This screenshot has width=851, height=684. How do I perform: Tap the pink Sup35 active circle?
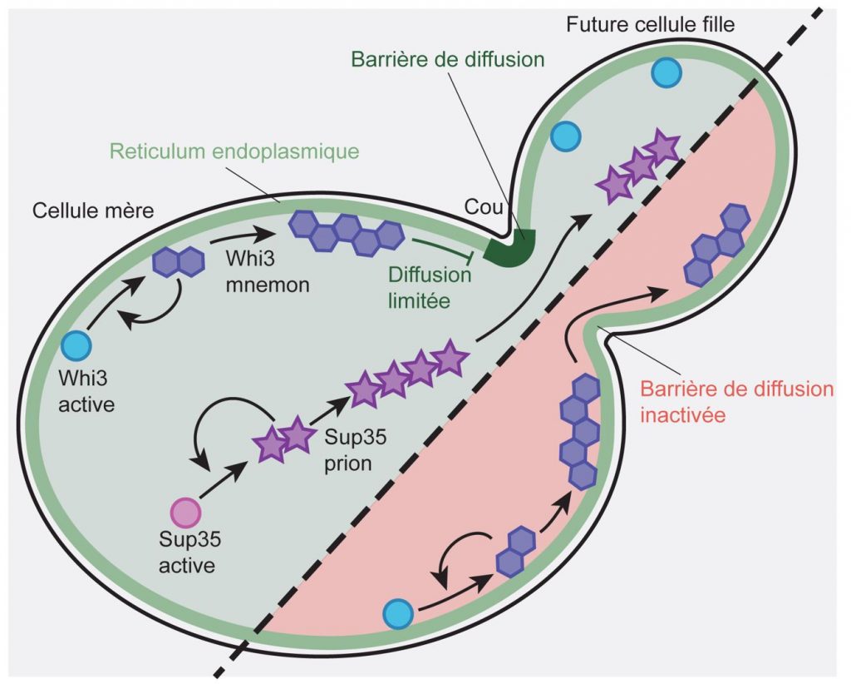186,513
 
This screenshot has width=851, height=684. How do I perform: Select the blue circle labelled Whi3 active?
76,345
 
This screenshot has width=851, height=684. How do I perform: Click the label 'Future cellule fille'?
650,24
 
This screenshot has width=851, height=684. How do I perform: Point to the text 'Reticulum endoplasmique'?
234,151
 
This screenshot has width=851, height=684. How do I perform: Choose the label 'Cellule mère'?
93,211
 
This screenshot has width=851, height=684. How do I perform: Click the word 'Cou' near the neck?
484,207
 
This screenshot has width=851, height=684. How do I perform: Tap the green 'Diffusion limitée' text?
430,288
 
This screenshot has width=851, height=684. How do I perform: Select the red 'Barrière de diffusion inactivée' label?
737,402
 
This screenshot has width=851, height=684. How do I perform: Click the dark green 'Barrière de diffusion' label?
448,59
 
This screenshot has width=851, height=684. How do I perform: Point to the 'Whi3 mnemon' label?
268,271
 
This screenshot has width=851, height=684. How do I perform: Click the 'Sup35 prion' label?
356,450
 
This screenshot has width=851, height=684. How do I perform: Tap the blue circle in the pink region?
398,614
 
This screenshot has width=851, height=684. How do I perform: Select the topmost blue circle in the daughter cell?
666,72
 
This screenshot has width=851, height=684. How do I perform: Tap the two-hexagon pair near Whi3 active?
179,262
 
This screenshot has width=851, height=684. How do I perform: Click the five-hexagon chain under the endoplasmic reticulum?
347,232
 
